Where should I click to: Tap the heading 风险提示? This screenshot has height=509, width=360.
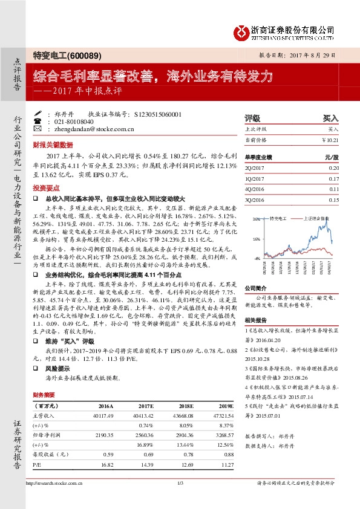57,368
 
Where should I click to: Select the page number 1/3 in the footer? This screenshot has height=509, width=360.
180,482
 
